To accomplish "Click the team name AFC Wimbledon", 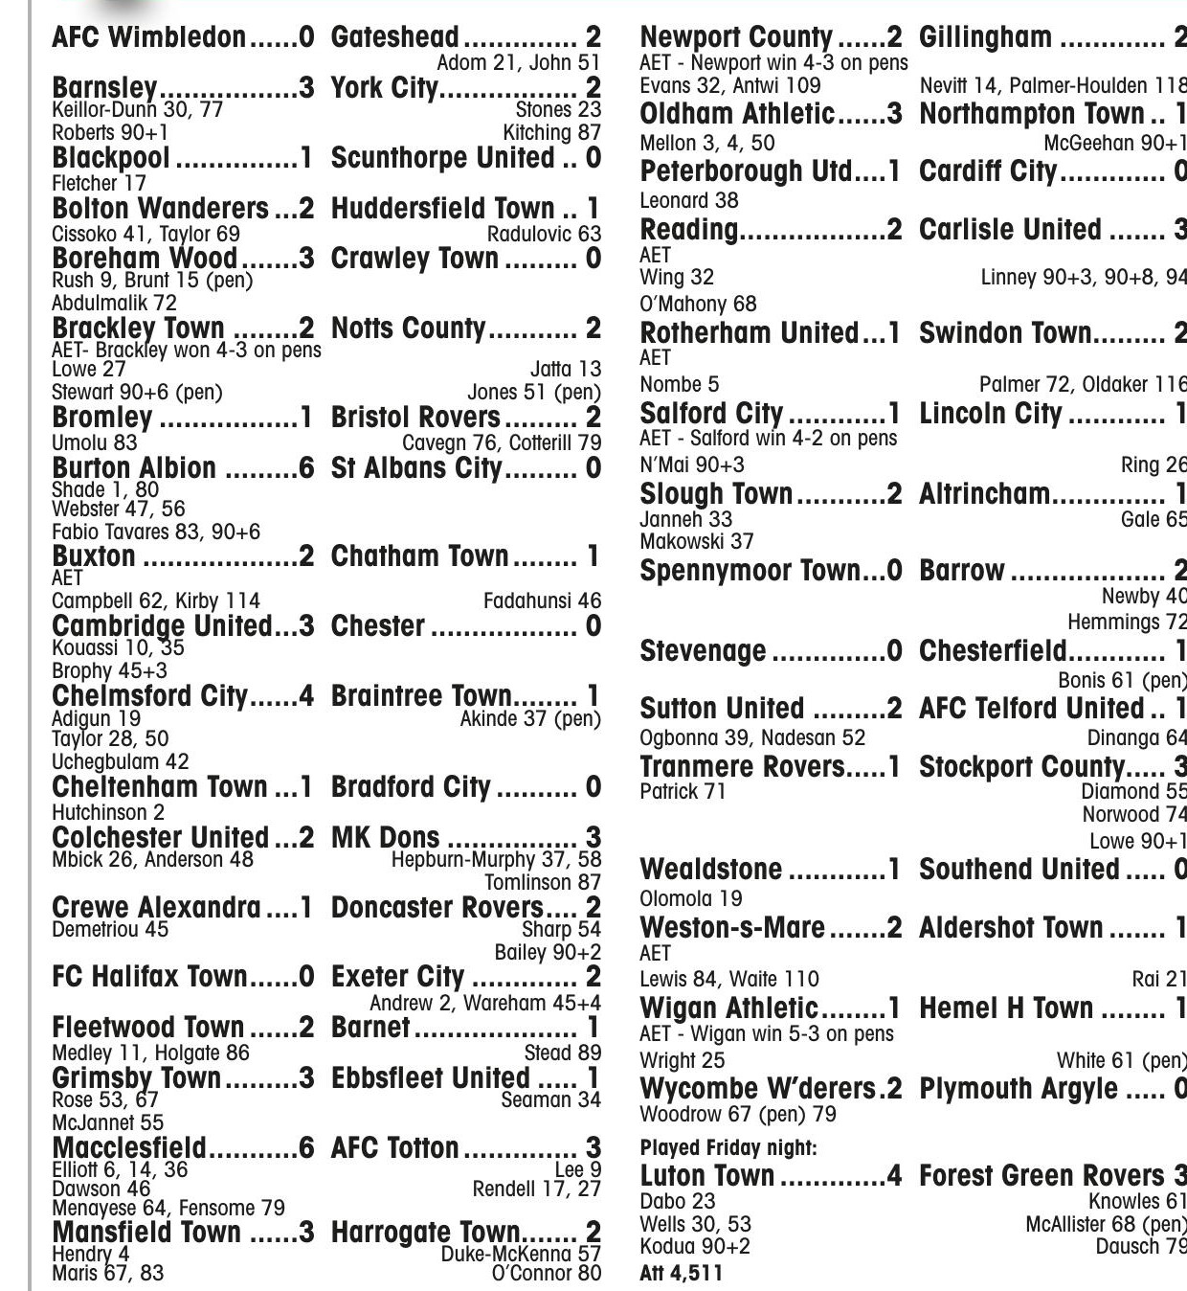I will [148, 37].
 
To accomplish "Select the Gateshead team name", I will [394, 37].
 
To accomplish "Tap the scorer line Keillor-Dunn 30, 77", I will [137, 110].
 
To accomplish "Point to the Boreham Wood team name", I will [145, 259].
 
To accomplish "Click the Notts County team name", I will [409, 328].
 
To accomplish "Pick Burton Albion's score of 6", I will [306, 468].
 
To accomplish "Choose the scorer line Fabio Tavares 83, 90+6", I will [156, 532].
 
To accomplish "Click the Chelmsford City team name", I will [149, 696].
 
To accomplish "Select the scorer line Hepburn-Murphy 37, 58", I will [496, 860].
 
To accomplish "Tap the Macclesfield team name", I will [129, 1147].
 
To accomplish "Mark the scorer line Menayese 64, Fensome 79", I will [168, 1209].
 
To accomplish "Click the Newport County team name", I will [736, 37].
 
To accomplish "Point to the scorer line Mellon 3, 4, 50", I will [707, 144].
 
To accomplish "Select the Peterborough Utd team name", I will [746, 172].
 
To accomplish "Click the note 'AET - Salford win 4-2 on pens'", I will [769, 439].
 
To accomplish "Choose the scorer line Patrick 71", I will [683, 792].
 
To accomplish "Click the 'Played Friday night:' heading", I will [728, 1147].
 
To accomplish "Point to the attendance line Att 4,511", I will [681, 1274].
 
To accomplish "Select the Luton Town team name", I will [707, 1176].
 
